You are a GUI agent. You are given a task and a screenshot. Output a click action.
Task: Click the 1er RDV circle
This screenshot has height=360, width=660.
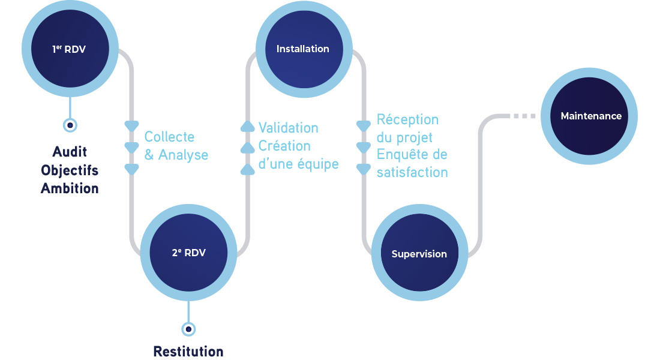click(69, 49)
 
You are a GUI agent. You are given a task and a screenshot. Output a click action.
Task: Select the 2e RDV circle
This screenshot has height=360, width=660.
click(188, 253)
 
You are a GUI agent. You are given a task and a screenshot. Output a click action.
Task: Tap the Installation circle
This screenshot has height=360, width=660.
click(303, 49)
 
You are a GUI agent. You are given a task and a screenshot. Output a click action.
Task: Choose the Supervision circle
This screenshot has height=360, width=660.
click(419, 253)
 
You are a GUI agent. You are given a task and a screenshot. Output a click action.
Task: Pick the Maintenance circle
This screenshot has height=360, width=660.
click(590, 116)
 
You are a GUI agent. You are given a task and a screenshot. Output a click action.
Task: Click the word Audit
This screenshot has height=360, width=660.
click(70, 152)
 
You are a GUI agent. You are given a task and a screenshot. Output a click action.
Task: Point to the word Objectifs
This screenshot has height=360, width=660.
click(70, 170)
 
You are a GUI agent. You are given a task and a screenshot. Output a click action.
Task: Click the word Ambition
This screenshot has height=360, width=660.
click(70, 188)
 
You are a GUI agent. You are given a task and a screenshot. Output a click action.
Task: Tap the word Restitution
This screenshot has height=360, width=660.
click(188, 352)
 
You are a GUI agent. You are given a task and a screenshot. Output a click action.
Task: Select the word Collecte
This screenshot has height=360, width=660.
click(169, 137)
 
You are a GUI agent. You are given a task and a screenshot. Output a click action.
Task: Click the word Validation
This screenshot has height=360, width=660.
click(288, 128)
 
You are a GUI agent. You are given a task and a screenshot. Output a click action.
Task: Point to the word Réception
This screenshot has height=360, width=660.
click(407, 119)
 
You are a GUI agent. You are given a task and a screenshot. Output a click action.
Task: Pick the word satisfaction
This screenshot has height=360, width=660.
click(412, 173)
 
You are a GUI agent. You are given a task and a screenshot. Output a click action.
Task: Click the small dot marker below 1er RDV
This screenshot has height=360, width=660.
click(70, 125)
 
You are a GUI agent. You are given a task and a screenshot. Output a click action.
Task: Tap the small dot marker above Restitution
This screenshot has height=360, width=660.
click(188, 329)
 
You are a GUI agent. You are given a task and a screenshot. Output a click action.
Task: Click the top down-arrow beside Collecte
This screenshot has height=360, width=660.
click(131, 126)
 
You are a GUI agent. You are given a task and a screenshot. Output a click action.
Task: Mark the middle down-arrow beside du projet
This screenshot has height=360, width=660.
click(364, 148)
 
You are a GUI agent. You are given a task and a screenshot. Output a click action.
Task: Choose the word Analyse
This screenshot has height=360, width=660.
click(183, 155)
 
